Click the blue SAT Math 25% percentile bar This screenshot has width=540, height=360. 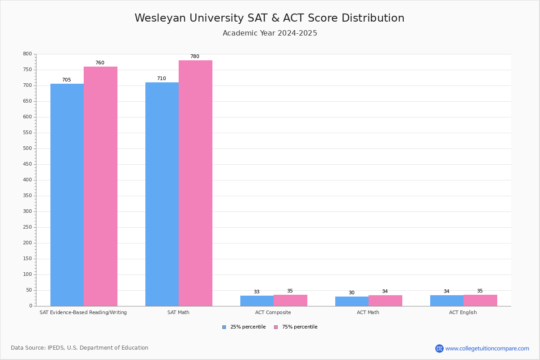click(x=162, y=194)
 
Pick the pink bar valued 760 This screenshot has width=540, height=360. click(x=100, y=186)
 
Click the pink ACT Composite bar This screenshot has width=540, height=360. click(x=290, y=301)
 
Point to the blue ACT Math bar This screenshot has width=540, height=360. click(x=352, y=301)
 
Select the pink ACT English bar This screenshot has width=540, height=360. click(x=480, y=301)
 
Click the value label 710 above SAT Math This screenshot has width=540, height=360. click(x=161, y=79)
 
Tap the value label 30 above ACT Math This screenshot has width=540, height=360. click(x=351, y=293)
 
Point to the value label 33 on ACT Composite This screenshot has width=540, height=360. click(x=256, y=292)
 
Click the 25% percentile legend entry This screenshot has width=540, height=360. click(x=244, y=327)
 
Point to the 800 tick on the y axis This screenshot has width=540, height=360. click(x=27, y=54)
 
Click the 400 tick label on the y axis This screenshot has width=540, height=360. click(x=27, y=180)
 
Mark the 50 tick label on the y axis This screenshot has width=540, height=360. click(x=29, y=290)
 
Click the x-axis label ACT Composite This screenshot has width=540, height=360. click(x=273, y=312)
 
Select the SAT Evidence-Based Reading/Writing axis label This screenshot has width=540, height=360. click(x=83, y=312)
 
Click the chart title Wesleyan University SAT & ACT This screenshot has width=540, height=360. click(x=269, y=18)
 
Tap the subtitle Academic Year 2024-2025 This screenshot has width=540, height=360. click(x=270, y=33)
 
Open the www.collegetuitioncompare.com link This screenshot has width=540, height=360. click(x=487, y=348)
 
